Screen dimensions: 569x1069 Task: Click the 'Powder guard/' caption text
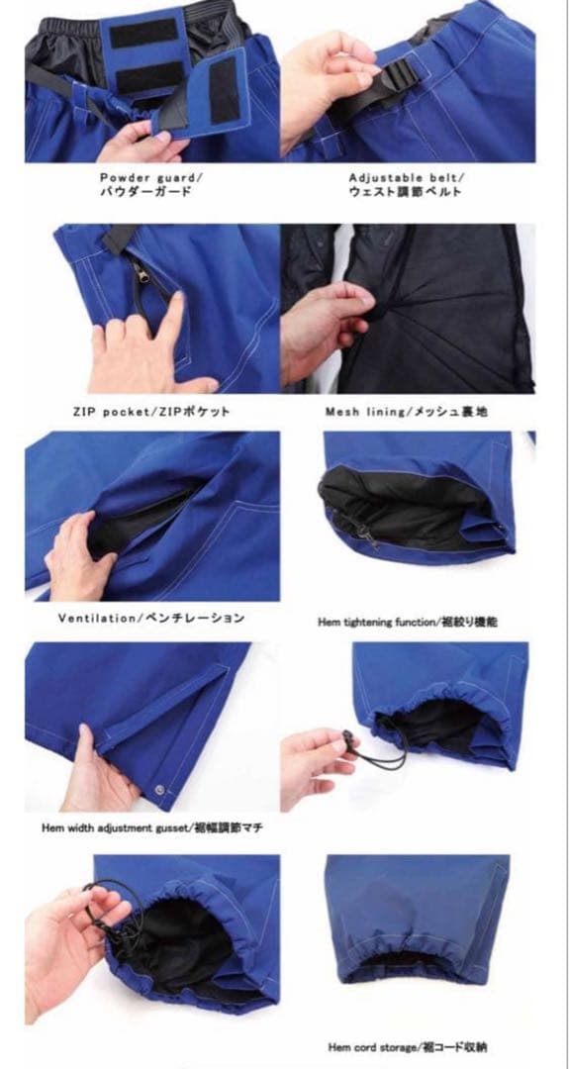(x=151, y=178)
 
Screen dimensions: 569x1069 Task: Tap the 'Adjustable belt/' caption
(x=406, y=178)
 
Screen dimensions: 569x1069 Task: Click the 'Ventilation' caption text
(x=96, y=619)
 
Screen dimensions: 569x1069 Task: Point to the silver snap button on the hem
(x=159, y=790)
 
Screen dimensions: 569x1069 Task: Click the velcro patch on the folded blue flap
(x=225, y=90)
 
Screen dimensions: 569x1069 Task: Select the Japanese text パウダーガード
(x=145, y=192)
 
